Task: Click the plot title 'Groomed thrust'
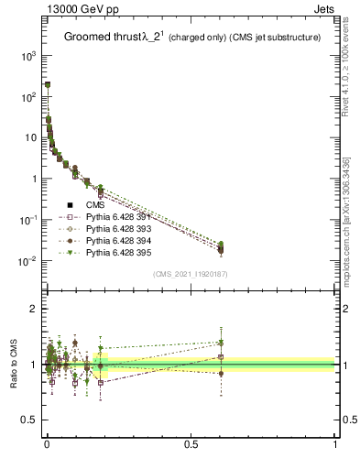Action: (x=100, y=38)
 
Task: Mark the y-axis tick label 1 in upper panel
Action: (x=34, y=180)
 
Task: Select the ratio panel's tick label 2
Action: (x=34, y=310)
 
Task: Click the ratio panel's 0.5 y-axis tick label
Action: (x=29, y=420)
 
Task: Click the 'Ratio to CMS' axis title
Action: (x=14, y=365)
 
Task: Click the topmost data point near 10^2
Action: (x=47, y=84)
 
